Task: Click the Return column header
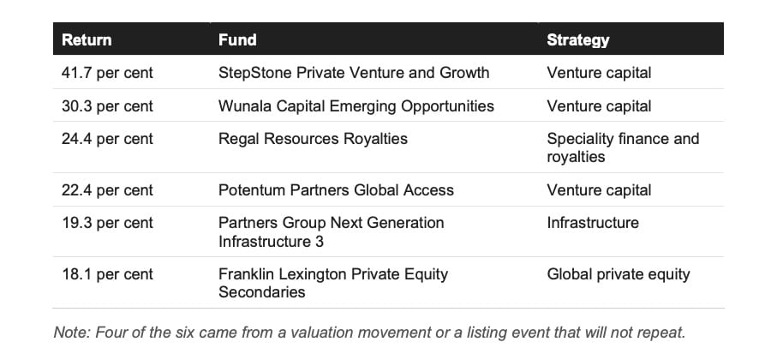pos(87,39)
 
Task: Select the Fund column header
pos(237,39)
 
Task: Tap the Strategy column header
pos(577,40)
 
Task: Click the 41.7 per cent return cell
pos(107,73)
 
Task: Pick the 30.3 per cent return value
pos(107,106)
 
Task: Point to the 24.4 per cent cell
pos(107,139)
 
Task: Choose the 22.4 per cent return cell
pos(107,190)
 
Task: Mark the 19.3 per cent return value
pos(107,223)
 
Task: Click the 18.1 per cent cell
pos(107,274)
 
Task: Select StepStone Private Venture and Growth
pos(354,73)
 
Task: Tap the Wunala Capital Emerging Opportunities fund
pos(356,106)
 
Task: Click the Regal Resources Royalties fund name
pos(313,139)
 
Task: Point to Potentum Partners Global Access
pos(336,190)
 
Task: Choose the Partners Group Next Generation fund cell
pos(331,232)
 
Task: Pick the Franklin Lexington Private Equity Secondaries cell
pos(333,283)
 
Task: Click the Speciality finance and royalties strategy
pos(623,147)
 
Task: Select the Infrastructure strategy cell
pos(593,223)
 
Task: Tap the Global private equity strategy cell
pos(619,274)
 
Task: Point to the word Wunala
pos(242,106)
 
